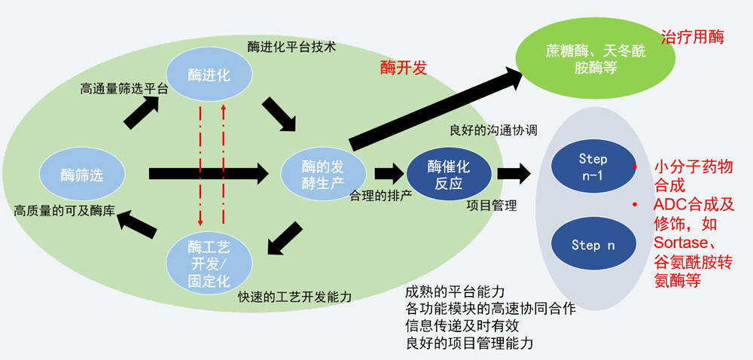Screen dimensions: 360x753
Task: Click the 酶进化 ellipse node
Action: pyautogui.click(x=209, y=75)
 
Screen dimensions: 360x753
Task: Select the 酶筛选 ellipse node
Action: pyautogui.click(x=81, y=175)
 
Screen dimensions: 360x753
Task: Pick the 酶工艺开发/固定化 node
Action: pyautogui.click(x=209, y=256)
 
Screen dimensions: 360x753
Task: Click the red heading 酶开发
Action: pyautogui.click(x=404, y=68)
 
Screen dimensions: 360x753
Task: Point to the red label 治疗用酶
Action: pyautogui.click(x=692, y=36)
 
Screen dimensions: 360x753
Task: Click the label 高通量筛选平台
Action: pyautogui.click(x=123, y=88)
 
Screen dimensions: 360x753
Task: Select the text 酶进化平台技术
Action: pyautogui.click(x=291, y=46)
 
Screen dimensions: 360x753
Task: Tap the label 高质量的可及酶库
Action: pyautogui.click(x=64, y=212)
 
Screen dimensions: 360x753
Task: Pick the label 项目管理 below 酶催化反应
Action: pyautogui.click(x=492, y=205)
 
